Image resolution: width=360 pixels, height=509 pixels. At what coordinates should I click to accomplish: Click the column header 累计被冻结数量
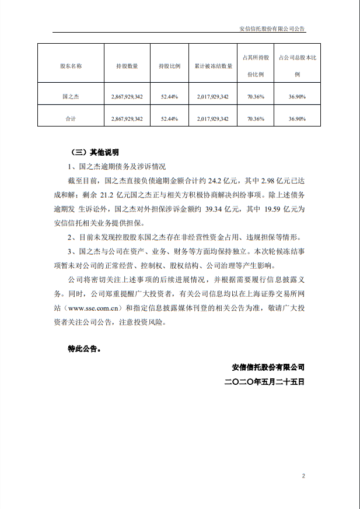(x=213, y=66)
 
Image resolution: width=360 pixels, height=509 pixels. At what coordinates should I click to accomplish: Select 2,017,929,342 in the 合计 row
(x=213, y=118)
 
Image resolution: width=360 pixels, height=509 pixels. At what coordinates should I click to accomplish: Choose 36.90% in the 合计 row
(x=298, y=118)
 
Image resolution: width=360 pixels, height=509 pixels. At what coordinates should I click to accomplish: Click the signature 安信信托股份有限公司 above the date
(x=268, y=368)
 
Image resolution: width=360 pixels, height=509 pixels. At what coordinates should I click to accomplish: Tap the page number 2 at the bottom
(x=303, y=476)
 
